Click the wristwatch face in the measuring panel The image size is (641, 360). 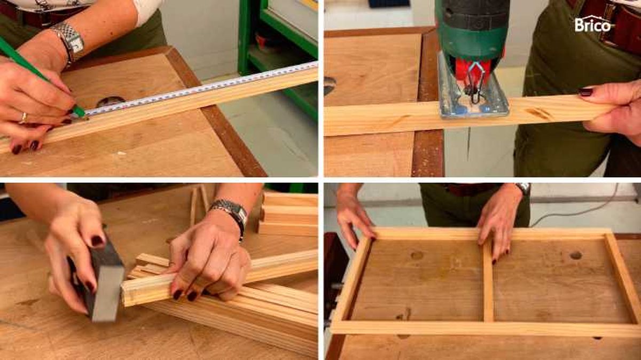click(x=77, y=45)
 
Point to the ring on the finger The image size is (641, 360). click(x=24, y=118)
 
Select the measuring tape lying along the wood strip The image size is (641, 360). click(x=200, y=88)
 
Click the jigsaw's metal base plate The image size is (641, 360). click(x=472, y=91)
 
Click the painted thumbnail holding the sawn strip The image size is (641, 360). click(x=586, y=91)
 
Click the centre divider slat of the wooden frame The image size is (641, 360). click(x=488, y=283)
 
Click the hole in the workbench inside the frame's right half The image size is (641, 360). click(x=575, y=255)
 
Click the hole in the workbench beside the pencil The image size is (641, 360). click(x=111, y=101)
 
